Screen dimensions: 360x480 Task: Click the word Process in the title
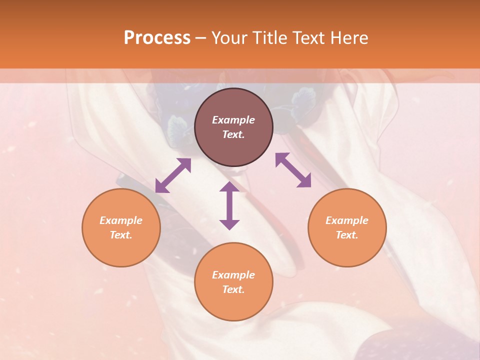click(157, 38)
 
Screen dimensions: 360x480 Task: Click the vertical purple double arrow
click(229, 205)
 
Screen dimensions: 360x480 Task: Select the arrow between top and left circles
click(173, 175)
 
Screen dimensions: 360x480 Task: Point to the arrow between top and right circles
click(293, 170)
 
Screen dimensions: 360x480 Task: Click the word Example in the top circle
click(233, 120)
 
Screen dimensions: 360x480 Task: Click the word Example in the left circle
click(121, 220)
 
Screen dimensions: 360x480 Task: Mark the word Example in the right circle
click(347, 220)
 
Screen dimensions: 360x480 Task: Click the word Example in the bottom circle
click(233, 275)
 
